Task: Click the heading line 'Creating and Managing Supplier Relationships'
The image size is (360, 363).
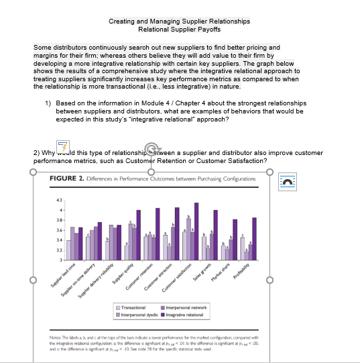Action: (179, 21)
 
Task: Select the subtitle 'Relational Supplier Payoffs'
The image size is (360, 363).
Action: (179, 30)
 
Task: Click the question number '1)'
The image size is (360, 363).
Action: (48, 103)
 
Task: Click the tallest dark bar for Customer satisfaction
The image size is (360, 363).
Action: (196, 231)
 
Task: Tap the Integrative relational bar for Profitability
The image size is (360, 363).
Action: (255, 238)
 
